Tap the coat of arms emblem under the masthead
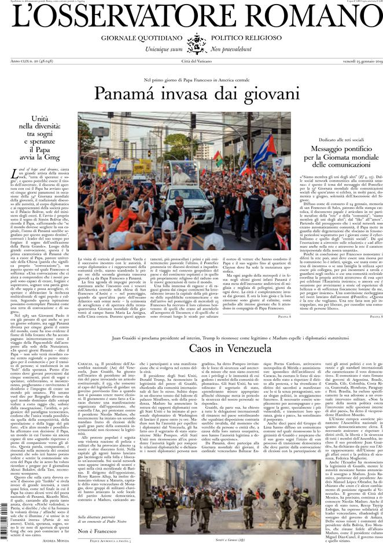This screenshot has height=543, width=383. pos(191,43)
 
